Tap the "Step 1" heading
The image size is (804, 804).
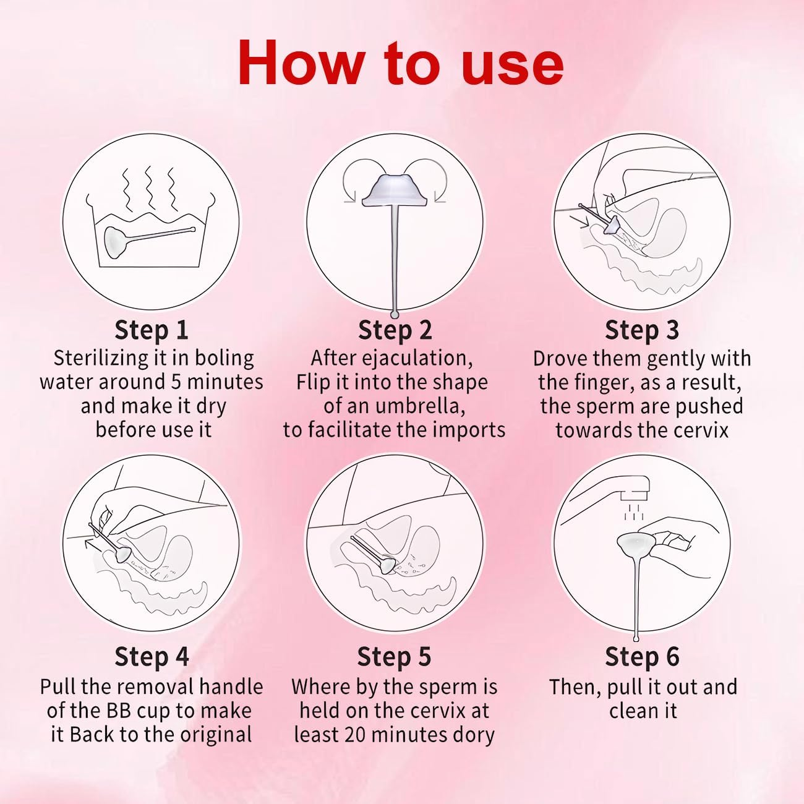[152, 330]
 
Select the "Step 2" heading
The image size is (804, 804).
[395, 330]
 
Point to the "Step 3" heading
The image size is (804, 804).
[642, 330]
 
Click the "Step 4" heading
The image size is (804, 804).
[152, 657]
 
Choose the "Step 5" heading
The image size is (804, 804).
[395, 657]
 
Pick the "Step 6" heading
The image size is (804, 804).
[643, 657]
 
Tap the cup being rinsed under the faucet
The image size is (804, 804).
[636, 545]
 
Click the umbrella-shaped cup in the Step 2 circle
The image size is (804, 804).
[395, 192]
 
